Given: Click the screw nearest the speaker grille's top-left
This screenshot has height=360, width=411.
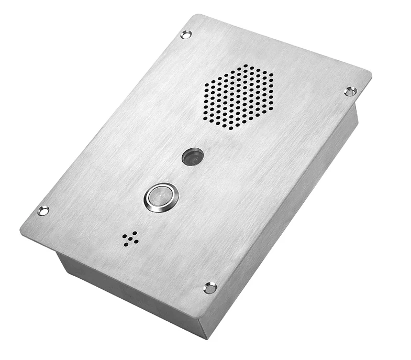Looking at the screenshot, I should point(185,35).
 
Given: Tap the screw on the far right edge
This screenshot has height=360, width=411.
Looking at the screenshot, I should point(350,91).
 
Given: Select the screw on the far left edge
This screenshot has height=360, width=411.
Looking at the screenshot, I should point(43,211).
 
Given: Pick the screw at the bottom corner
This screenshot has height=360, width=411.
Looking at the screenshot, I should point(210,288).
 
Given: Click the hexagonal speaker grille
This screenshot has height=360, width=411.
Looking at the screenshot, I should point(238,97).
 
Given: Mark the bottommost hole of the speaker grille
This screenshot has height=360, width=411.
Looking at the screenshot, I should point(230,128).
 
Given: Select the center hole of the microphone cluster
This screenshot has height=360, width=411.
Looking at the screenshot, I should point(130,238).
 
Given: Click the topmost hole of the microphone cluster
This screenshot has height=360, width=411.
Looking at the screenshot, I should point(135,233).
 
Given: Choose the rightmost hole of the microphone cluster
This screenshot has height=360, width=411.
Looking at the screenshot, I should point(137,241).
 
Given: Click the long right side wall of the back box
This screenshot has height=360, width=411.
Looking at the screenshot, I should point(293,220).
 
